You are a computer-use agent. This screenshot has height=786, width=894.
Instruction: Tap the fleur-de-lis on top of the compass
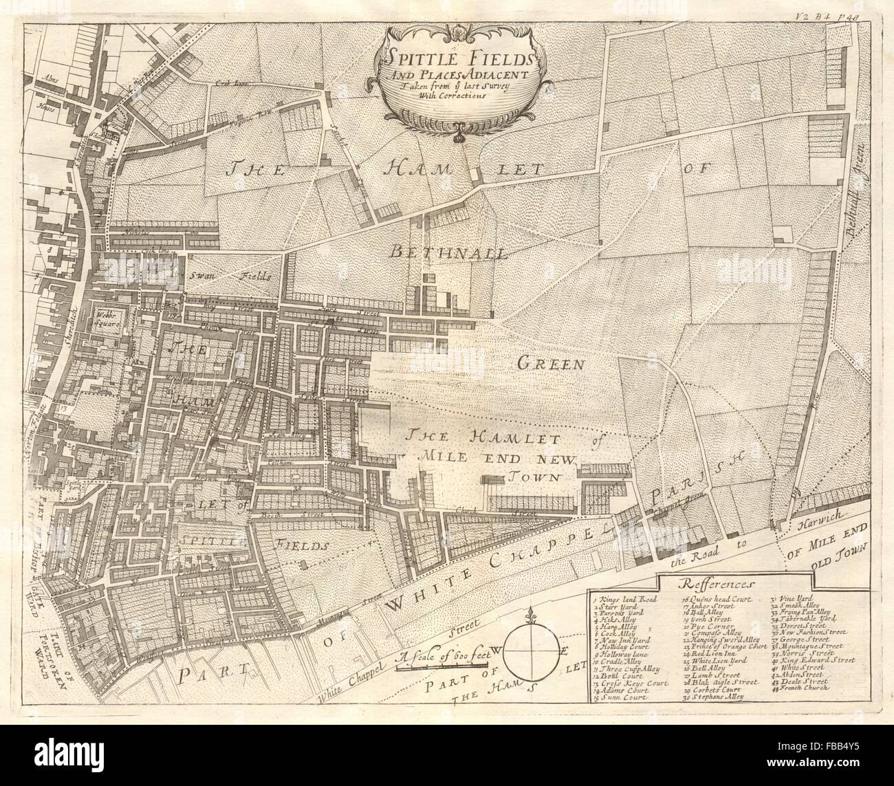pyautogui.click(x=534, y=615)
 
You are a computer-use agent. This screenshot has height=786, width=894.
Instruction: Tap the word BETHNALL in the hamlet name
pyautogui.click(x=448, y=252)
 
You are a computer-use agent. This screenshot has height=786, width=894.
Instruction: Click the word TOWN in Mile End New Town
pyautogui.click(x=532, y=476)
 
